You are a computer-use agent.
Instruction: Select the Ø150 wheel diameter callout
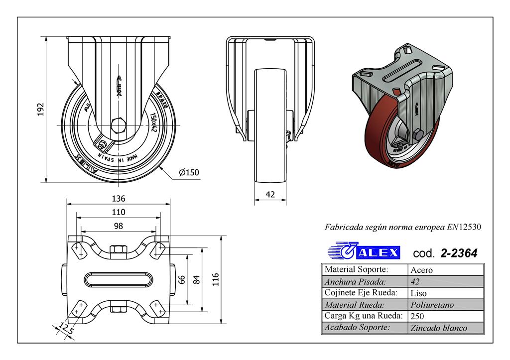189,173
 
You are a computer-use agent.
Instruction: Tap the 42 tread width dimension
270,195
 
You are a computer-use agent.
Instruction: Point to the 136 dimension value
119,198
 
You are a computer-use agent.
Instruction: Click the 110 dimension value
119,212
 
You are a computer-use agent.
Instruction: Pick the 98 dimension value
119,226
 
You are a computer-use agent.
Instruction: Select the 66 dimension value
182,280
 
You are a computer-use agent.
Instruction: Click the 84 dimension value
196,280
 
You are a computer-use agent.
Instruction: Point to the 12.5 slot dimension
64,328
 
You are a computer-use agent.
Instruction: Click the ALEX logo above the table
365,251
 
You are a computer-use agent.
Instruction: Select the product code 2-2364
459,253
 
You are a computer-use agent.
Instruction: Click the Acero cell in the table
421,270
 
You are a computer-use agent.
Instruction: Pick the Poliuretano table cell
432,305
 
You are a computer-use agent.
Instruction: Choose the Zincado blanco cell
438,328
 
